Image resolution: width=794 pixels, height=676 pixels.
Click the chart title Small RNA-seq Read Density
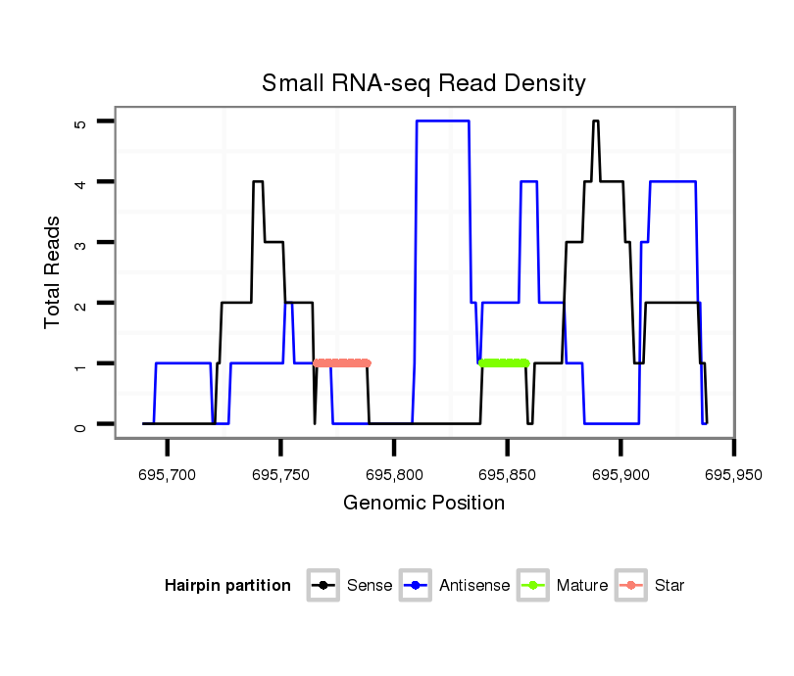tap(423, 83)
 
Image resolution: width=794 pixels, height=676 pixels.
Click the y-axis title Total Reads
tap(53, 272)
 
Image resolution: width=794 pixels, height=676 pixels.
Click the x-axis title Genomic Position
tap(423, 504)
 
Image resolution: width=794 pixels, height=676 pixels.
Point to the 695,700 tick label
tap(168, 474)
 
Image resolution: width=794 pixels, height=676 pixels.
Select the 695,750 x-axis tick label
tap(280, 474)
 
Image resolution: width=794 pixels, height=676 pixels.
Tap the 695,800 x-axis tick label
tap(394, 474)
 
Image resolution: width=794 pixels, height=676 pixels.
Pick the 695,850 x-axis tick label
tap(507, 474)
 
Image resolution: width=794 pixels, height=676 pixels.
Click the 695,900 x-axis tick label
tap(620, 474)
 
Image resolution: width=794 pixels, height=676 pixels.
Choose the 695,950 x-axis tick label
tap(733, 474)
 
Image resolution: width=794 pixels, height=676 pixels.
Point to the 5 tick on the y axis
tap(81, 122)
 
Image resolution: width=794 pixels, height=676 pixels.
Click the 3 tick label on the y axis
tap(81, 243)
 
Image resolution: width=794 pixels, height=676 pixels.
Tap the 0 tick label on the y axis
tap(81, 424)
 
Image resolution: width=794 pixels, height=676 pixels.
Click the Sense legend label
tap(370, 586)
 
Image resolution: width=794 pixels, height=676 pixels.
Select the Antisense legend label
tap(474, 586)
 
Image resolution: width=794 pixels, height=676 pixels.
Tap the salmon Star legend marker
tap(630, 586)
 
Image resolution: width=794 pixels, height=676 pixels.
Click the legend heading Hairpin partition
tap(227, 586)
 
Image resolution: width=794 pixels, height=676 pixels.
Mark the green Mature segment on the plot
tap(503, 363)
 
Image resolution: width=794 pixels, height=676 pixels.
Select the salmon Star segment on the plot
tap(341, 363)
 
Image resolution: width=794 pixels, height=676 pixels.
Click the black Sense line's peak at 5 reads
tap(595, 121)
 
